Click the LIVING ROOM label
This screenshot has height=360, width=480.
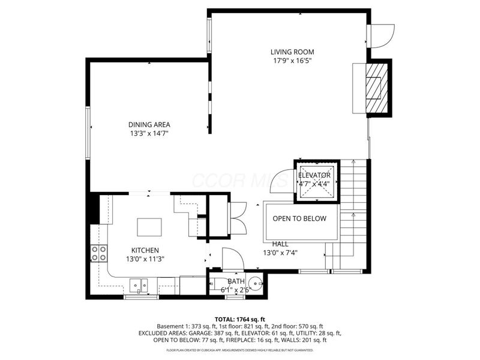click(292, 52)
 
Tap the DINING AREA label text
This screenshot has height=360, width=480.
click(149, 125)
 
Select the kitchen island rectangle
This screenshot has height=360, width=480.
click(149, 227)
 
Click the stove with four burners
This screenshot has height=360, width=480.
click(98, 254)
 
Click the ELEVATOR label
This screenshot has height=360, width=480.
click(314, 175)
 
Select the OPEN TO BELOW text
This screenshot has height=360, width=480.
click(299, 218)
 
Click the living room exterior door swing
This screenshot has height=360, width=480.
click(382, 35)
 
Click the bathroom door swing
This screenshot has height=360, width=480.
click(233, 259)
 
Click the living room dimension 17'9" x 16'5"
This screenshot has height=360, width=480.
click(292, 61)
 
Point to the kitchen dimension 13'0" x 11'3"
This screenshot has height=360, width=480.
click(145, 259)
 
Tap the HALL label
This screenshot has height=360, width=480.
click(280, 244)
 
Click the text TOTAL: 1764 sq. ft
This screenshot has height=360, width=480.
click(239, 319)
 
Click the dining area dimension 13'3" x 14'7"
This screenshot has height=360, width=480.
click(149, 133)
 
